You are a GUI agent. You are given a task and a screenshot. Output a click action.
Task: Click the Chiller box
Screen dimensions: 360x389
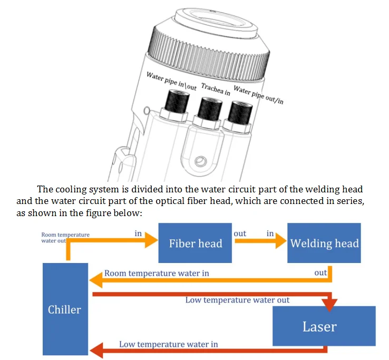click(65, 308)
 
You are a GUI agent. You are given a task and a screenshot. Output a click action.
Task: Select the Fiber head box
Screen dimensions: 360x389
click(195, 243)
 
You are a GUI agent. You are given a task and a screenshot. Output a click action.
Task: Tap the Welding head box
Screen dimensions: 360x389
click(324, 243)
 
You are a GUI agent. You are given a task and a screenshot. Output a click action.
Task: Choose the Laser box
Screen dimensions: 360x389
click(319, 326)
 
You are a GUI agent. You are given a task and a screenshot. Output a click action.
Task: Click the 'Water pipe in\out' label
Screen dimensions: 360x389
click(171, 82)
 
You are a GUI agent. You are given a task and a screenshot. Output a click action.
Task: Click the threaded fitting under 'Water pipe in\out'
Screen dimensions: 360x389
click(174, 102)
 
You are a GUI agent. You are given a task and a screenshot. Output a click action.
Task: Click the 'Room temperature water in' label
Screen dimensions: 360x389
click(157, 273)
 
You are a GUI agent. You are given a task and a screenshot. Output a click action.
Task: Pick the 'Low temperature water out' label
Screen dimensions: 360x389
click(237, 300)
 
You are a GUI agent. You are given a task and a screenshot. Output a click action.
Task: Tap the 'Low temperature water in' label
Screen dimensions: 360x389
click(168, 344)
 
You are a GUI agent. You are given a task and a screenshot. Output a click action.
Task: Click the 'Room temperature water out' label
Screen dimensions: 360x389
click(65, 237)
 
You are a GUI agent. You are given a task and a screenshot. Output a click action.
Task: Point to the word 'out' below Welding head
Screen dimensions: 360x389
click(320, 273)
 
